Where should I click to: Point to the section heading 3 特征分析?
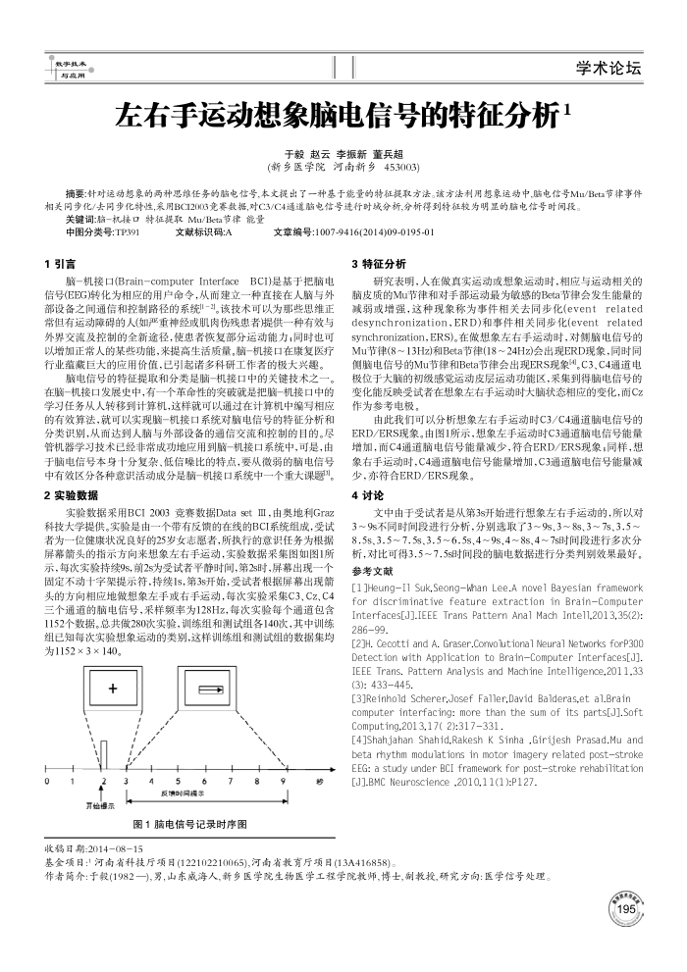(x=378, y=264)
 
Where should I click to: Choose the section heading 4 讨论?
(x=366, y=494)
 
